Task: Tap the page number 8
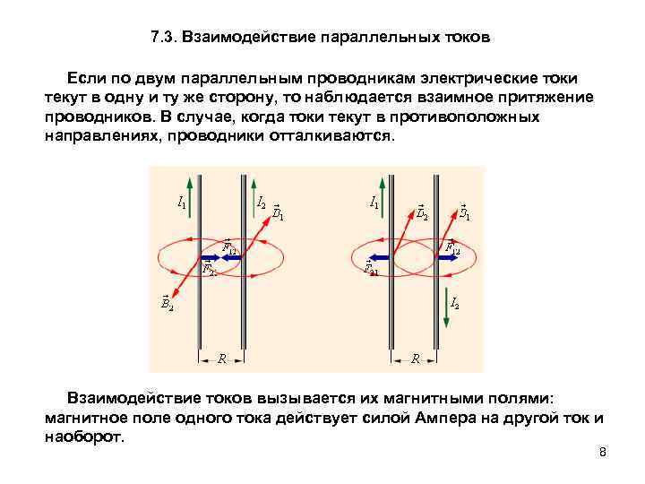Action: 603,452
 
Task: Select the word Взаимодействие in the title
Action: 236,39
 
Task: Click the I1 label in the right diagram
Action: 374,203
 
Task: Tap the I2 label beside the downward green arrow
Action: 454,303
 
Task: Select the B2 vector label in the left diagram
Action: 167,304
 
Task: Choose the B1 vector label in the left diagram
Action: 278,212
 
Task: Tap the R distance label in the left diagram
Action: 221,358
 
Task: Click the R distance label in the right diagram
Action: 415,358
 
